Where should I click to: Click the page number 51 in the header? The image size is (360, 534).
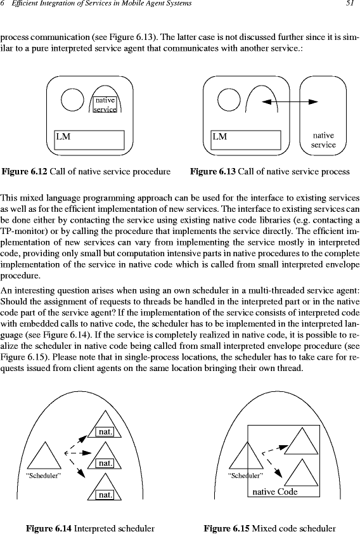click(x=350, y=4)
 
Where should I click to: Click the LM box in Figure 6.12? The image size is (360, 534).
click(x=89, y=140)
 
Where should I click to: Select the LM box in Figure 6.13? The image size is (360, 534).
click(x=246, y=140)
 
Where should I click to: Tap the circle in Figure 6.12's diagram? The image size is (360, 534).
click(x=72, y=100)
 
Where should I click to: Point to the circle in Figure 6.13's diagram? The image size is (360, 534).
click(x=229, y=100)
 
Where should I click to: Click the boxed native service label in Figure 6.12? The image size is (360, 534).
click(x=105, y=105)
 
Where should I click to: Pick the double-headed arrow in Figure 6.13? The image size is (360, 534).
click(x=290, y=101)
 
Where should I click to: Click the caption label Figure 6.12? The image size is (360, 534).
click(x=25, y=171)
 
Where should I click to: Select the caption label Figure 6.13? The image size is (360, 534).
click(x=213, y=171)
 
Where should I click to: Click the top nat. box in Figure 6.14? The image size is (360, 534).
click(x=105, y=432)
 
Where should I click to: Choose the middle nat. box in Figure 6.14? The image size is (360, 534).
click(x=105, y=463)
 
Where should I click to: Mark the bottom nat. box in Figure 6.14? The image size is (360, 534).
click(x=105, y=495)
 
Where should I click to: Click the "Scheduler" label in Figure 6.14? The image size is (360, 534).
click(x=44, y=476)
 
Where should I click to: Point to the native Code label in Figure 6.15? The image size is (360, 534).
click(x=275, y=492)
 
